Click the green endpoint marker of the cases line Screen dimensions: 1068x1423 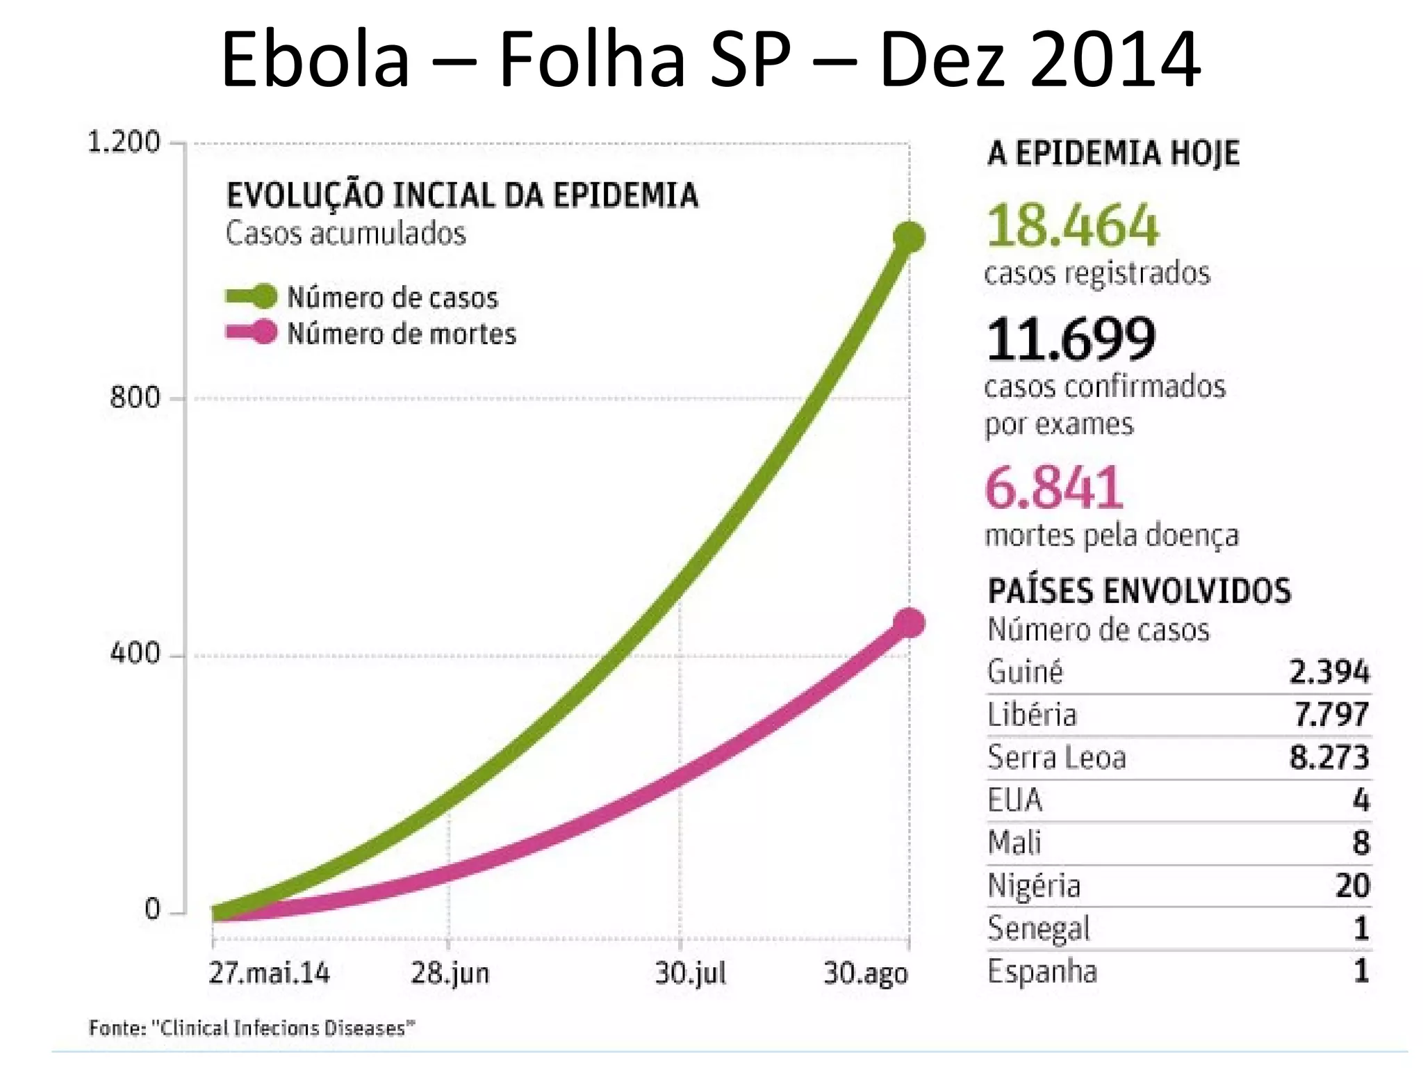pos(908,237)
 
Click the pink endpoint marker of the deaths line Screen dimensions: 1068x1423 pos(908,622)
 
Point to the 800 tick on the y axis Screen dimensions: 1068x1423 pos(135,398)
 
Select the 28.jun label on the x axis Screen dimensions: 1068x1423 pos(450,973)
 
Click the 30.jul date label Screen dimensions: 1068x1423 pos(690,973)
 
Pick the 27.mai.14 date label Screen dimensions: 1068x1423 pos(270,973)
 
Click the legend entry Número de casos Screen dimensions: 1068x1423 pos(392,298)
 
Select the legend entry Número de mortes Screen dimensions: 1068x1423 pos(401,334)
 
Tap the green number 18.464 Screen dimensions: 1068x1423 pos(1072,226)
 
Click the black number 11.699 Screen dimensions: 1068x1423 pos(1071,339)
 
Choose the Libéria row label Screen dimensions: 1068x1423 pos(1032,715)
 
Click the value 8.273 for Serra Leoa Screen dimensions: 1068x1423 pos(1329,757)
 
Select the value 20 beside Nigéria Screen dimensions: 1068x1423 pos(1351,886)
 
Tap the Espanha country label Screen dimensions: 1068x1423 pos(1042,971)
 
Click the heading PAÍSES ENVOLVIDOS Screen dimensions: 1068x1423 pos(1139,591)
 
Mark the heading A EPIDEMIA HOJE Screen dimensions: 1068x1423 pos(1113,153)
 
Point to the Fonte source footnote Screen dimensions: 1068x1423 pos(252,1028)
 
